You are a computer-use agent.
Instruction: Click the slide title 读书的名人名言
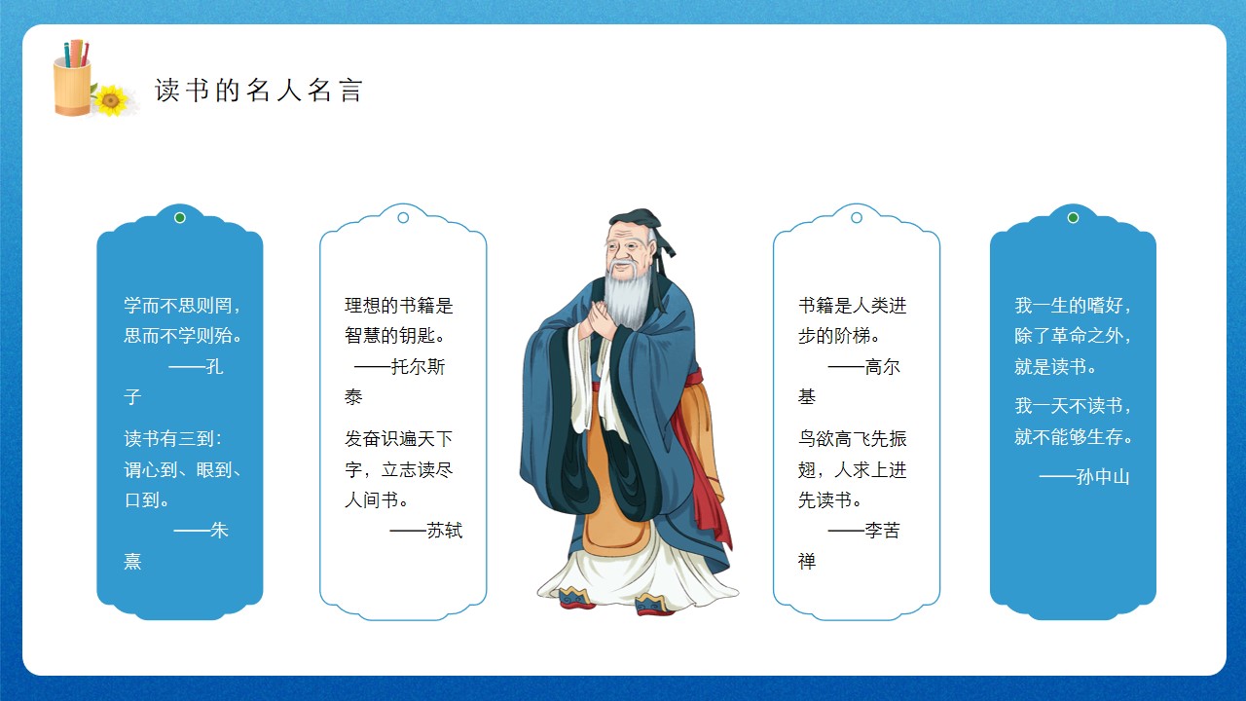pos(259,91)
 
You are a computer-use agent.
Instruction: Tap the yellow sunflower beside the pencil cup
pos(111,100)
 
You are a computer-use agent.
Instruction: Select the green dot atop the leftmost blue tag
pos(180,217)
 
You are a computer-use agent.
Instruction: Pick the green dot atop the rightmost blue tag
pos(1073,217)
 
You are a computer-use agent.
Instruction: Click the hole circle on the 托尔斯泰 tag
pos(403,217)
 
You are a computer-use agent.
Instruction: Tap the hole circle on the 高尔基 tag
pos(857,217)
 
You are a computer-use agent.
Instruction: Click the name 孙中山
pos(1103,477)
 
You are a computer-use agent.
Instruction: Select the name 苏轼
pos(445,531)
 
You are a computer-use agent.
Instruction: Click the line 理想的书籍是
pos(399,306)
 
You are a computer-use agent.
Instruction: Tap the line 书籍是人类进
pos(852,306)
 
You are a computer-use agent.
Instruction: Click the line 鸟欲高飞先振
pos(852,439)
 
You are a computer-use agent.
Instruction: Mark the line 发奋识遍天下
pos(399,439)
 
